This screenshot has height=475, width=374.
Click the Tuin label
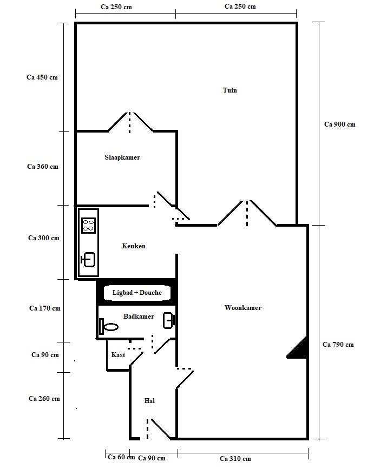pyautogui.click(x=230, y=90)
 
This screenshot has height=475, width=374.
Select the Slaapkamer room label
pyautogui.click(x=122, y=157)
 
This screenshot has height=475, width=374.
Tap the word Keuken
pyautogui.click(x=134, y=246)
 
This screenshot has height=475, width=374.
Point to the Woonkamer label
pyautogui.click(x=243, y=308)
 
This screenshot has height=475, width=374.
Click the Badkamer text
pyautogui.click(x=139, y=316)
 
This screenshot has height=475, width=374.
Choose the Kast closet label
pyautogui.click(x=118, y=355)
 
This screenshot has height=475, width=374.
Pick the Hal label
pyautogui.click(x=150, y=401)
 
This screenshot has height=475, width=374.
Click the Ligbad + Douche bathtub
pyautogui.click(x=137, y=293)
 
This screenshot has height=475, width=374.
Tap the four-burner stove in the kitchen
pyautogui.click(x=88, y=225)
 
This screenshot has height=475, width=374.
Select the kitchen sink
pyautogui.click(x=88, y=260)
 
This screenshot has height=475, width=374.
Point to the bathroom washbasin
pyautogui.click(x=169, y=320)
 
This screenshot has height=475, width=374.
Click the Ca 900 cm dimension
pyautogui.click(x=339, y=124)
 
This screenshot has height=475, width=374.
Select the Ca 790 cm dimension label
pyautogui.click(x=338, y=344)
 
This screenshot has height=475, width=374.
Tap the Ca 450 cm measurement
pyautogui.click(x=42, y=77)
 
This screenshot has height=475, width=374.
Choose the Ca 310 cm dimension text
pyautogui.click(x=235, y=459)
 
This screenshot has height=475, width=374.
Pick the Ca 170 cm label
pyautogui.click(x=44, y=308)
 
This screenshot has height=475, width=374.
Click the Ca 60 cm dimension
pyautogui.click(x=121, y=457)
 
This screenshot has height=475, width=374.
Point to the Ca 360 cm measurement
pyautogui.click(x=43, y=167)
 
